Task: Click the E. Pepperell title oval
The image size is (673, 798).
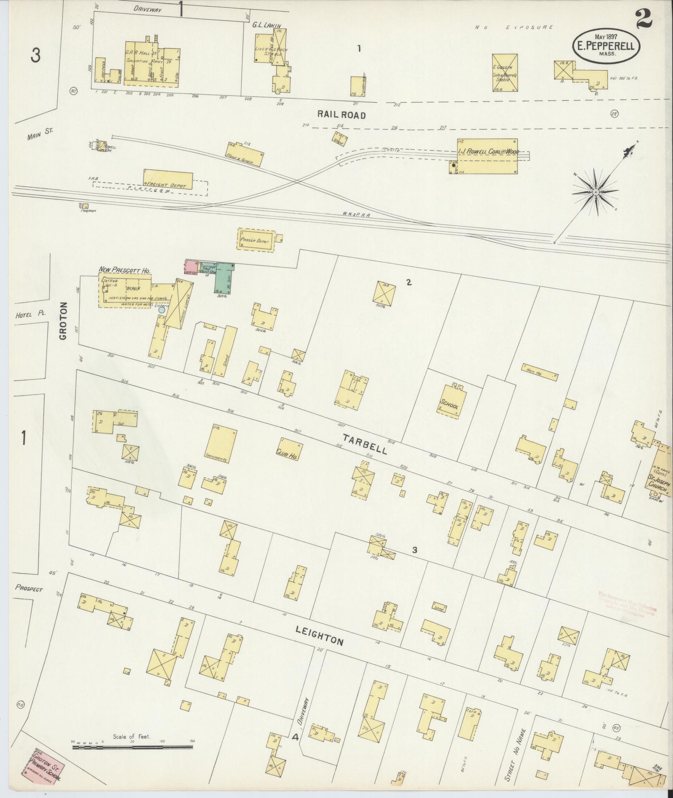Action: pos(605,47)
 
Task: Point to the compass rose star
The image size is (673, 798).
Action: pos(596,192)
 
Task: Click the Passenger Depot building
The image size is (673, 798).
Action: pos(256,239)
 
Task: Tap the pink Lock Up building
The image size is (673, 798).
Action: pos(191,267)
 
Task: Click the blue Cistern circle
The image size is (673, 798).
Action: pos(161,310)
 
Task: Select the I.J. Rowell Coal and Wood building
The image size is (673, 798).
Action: pos(487,156)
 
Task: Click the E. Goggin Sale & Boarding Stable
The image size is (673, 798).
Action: pos(505,73)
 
